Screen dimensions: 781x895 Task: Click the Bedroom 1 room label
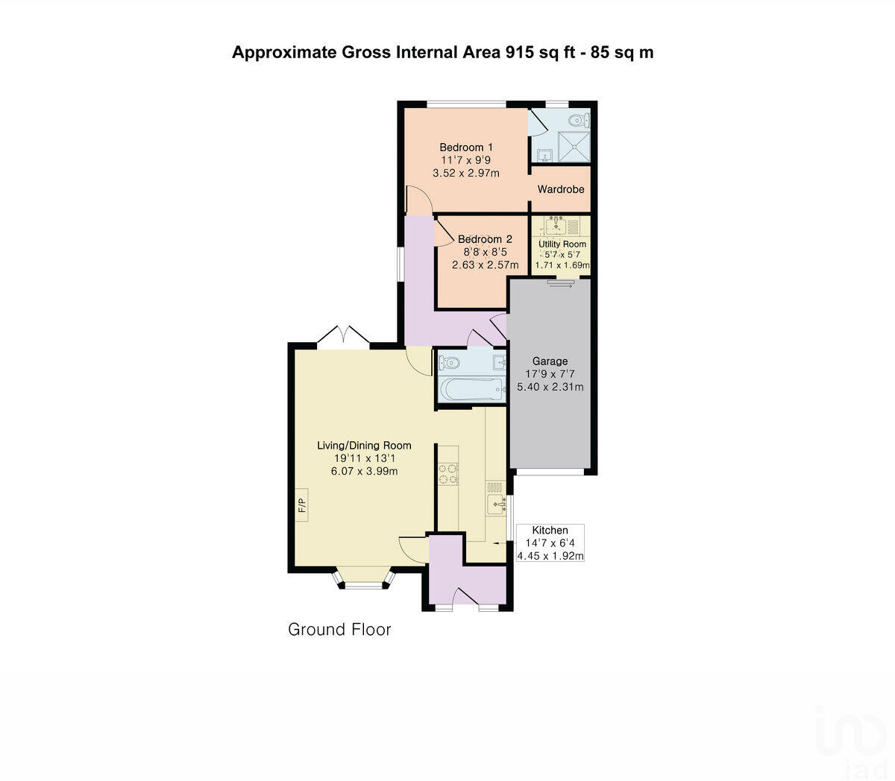[465, 147]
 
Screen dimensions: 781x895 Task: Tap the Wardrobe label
[561, 189]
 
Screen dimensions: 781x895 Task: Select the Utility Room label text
[562, 244]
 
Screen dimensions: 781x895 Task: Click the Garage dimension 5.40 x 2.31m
[550, 387]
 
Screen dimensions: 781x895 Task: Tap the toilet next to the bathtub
[448, 363]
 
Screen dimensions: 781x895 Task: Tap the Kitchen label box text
[550, 531]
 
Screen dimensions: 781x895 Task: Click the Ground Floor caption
[339, 630]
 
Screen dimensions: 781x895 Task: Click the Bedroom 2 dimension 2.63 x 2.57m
[485, 265]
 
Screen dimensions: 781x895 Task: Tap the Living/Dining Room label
[364, 446]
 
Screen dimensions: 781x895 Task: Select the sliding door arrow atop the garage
[562, 282]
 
